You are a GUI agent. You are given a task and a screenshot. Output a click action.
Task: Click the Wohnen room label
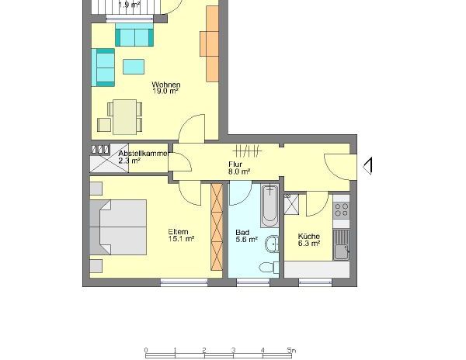tap(165, 84)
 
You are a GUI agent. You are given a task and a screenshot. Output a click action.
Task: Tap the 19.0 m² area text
tap(165, 91)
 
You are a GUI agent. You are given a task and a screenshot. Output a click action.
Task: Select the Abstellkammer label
tap(143, 153)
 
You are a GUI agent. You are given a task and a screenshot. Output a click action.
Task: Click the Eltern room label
tap(179, 231)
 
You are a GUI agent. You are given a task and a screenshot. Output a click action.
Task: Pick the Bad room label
tap(242, 232)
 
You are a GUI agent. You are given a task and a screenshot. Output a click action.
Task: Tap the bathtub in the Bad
tap(270, 205)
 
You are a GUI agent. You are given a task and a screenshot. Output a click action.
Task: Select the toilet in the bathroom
tap(269, 266)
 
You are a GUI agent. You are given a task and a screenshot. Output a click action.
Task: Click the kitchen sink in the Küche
tap(342, 250)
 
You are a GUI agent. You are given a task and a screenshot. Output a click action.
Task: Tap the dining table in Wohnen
tap(124, 117)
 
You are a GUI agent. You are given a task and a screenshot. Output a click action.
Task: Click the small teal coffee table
tap(133, 66)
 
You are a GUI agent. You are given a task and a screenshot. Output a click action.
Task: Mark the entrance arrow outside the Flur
tap(368, 165)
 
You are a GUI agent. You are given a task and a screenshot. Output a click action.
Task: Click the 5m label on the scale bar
tap(290, 349)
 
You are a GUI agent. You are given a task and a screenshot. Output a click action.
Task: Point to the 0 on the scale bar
tap(146, 349)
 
